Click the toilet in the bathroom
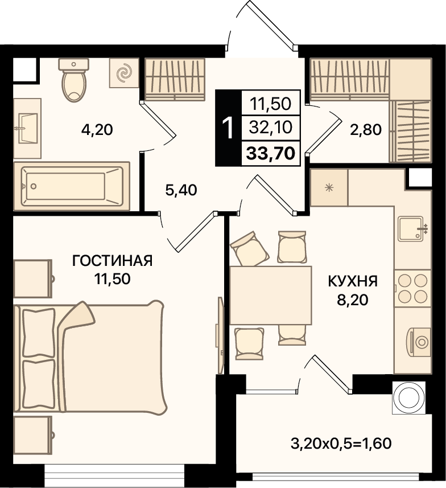74,80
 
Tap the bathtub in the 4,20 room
72,186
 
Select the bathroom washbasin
27,128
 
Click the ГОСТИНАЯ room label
112,261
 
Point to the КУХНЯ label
353,281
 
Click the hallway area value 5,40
181,190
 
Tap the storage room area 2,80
366,129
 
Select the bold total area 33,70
271,153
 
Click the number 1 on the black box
229,128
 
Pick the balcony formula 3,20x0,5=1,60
341,444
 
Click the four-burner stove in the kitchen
413,289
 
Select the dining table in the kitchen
271,296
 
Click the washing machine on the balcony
408,397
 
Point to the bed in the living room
91,356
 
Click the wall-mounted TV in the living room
220,335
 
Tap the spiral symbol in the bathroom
124,73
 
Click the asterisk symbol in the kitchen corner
329,188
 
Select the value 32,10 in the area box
271,128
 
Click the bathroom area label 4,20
97,129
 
